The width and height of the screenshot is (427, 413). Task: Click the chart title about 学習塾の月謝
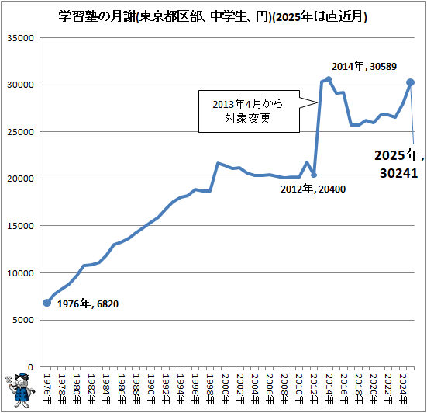pyautogui.click(x=213, y=16)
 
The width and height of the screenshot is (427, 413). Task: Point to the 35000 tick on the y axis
pyautogui.click(x=22, y=37)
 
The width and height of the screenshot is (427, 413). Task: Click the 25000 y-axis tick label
pyautogui.click(x=22, y=132)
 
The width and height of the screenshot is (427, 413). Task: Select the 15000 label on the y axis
pyautogui.click(x=22, y=226)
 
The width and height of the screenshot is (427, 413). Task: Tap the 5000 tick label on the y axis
pyautogui.click(x=24, y=320)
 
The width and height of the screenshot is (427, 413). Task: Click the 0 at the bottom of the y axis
pyautogui.click(x=31, y=367)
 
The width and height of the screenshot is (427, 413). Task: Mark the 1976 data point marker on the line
pyautogui.click(x=46, y=303)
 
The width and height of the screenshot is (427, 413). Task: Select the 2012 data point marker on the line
pyautogui.click(x=314, y=175)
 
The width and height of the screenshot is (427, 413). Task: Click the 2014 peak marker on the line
pyautogui.click(x=329, y=79)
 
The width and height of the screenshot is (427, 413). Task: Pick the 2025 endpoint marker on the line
pyautogui.click(x=411, y=82)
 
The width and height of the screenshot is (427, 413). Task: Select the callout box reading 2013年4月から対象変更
pyautogui.click(x=238, y=111)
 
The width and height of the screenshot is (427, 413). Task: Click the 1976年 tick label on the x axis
pyautogui.click(x=46, y=384)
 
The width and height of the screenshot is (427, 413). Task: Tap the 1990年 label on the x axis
pyautogui.click(x=150, y=384)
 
